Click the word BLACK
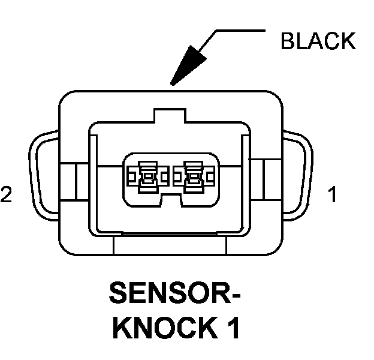318,41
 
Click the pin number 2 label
7,195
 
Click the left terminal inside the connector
146,175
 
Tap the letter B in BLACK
288,41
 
